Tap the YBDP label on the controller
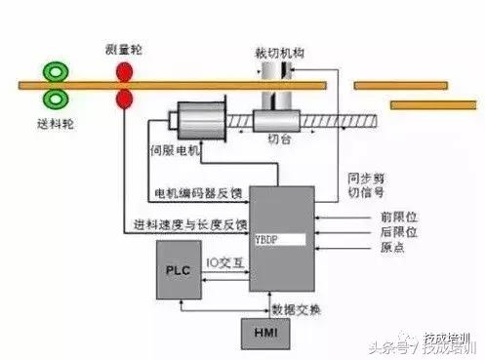262,238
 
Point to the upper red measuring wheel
124,73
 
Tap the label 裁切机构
278,55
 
